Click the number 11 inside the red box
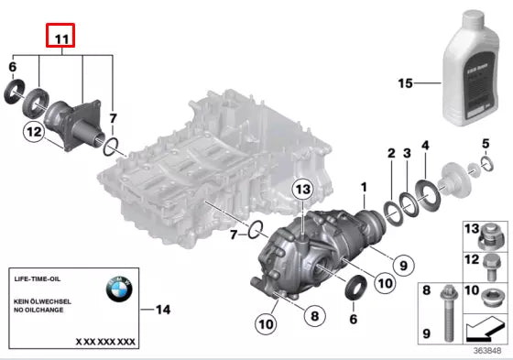(x=60, y=38)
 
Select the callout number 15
(x=407, y=83)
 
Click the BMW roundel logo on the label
(x=119, y=290)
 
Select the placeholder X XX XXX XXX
(x=105, y=341)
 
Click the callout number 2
(x=390, y=153)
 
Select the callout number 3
(x=407, y=153)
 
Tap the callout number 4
(x=424, y=146)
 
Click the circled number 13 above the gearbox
(x=303, y=189)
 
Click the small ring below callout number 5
(x=484, y=166)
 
